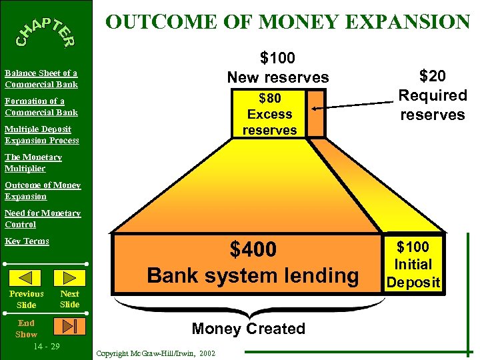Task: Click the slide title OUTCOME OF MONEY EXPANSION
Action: click(x=288, y=21)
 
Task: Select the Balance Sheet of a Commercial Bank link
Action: click(x=41, y=79)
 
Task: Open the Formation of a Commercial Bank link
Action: click(x=41, y=107)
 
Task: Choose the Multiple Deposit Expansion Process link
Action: click(x=41, y=135)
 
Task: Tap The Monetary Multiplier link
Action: click(x=33, y=163)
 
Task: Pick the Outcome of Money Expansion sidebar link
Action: click(x=43, y=191)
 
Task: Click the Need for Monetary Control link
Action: click(x=43, y=219)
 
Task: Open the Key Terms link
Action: click(x=27, y=241)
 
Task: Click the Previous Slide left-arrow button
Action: click(x=27, y=277)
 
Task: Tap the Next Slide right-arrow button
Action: click(x=69, y=277)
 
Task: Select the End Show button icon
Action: click(x=70, y=325)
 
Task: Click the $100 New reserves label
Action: click(x=278, y=67)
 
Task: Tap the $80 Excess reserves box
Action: click(x=269, y=114)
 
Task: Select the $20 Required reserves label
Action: click(x=432, y=95)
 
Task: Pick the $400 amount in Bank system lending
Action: click(x=253, y=250)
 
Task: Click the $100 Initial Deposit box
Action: click(x=413, y=264)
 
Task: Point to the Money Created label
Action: click(x=248, y=329)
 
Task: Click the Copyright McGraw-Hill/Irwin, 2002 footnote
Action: click(x=155, y=353)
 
